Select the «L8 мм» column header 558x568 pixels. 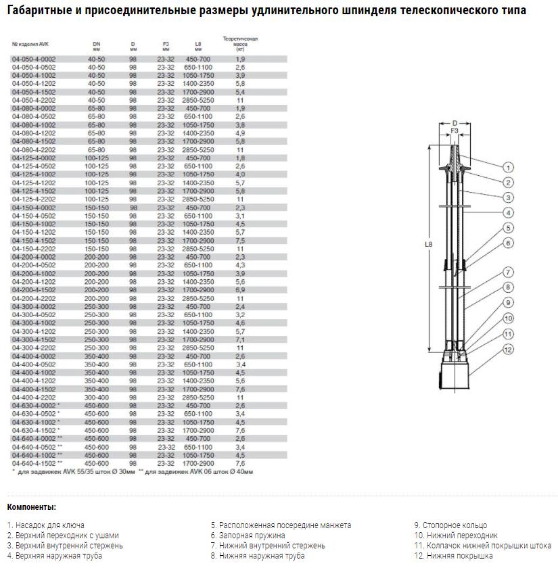[x=197, y=47]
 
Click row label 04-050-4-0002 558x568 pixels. [x=34, y=60]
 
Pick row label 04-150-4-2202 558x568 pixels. [x=34, y=249]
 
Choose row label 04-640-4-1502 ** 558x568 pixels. [x=37, y=463]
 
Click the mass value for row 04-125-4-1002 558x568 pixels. [x=240, y=174]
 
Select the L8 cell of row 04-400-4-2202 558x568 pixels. [x=197, y=398]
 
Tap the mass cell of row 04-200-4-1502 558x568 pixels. [x=240, y=289]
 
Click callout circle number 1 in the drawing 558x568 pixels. [x=509, y=167]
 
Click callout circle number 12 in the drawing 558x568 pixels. [x=509, y=350]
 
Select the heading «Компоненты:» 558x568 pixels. [x=32, y=507]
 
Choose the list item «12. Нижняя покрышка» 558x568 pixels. [x=453, y=556]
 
